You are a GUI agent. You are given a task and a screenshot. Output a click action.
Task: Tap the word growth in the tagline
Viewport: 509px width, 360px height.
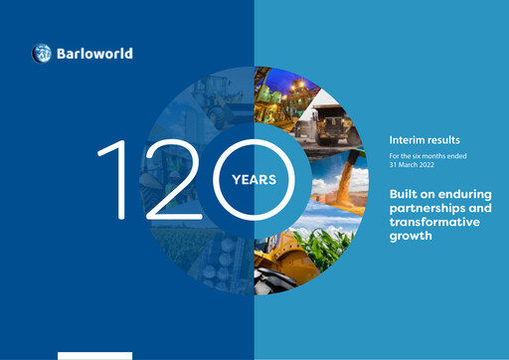coord(414,238)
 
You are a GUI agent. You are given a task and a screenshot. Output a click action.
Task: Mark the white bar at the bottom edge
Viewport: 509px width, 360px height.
coord(94,355)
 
